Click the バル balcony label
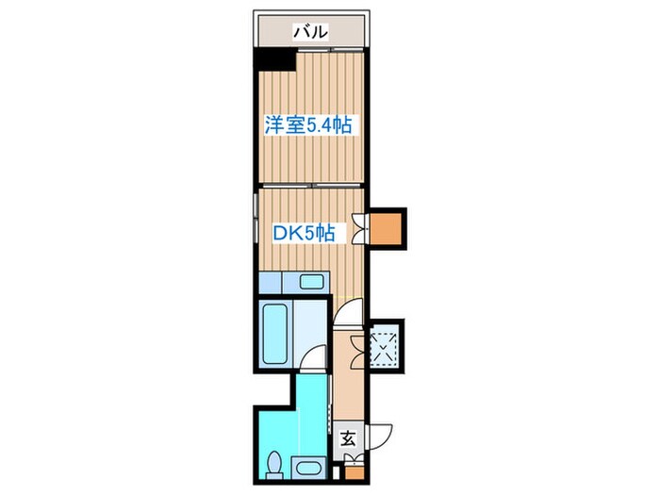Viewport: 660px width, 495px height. (x=310, y=31)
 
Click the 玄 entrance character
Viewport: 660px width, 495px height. (x=347, y=437)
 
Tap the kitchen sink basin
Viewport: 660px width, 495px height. (x=310, y=281)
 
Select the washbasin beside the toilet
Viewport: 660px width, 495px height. (x=307, y=466)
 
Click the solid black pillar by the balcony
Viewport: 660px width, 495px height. (x=274, y=59)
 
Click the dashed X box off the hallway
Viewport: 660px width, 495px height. (x=386, y=345)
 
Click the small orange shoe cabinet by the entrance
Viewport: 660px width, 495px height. (x=353, y=462)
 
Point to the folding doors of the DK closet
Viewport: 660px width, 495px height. (x=363, y=229)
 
